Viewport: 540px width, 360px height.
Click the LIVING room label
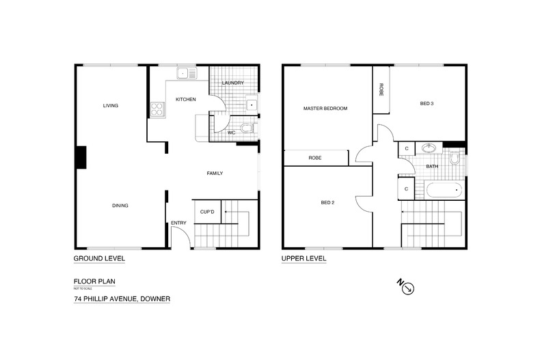click(x=111, y=106)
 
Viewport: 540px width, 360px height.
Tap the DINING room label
click(x=121, y=206)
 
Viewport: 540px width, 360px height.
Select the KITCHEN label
click(x=186, y=100)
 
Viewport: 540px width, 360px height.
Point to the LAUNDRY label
click(x=232, y=83)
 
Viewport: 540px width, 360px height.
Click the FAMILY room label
click(x=215, y=174)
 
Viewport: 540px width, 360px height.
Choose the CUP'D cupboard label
click(x=207, y=212)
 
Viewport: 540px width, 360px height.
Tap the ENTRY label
click(x=178, y=223)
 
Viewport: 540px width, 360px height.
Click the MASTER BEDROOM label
click(x=326, y=109)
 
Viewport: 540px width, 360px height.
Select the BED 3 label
click(x=427, y=103)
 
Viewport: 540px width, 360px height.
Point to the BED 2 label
click(x=327, y=202)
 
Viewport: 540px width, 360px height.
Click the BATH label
click(x=432, y=166)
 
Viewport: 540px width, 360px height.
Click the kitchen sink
click(x=185, y=72)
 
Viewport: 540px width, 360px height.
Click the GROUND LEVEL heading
click(x=99, y=259)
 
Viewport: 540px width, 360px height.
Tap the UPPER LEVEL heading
click(x=303, y=259)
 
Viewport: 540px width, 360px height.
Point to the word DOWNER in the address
click(x=152, y=299)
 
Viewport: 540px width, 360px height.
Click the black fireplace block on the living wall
click(x=81, y=157)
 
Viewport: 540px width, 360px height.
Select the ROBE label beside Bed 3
click(x=381, y=89)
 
